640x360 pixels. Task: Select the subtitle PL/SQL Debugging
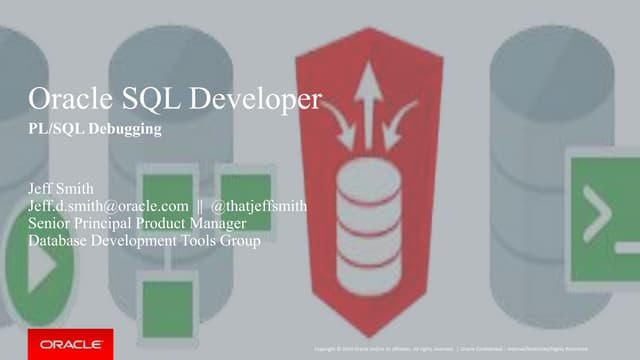[x=83, y=131]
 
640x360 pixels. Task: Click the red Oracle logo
[x=71, y=343]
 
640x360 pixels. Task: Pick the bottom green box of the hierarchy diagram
[x=167, y=306]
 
